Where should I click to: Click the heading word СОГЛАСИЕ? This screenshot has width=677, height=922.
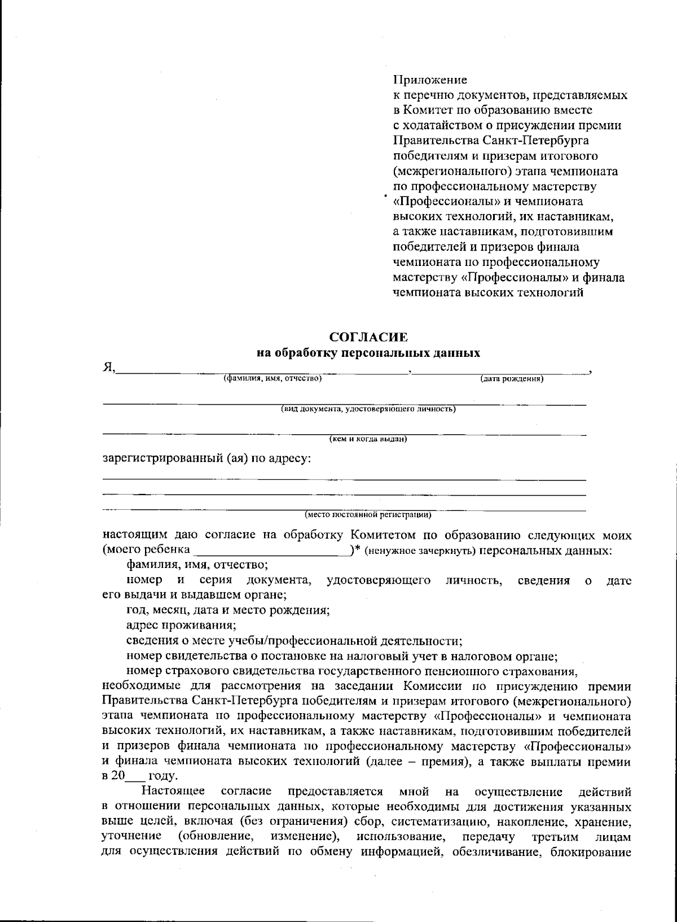tap(368, 338)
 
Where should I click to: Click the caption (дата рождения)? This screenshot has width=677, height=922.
tap(512, 379)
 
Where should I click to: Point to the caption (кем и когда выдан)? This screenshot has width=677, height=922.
tap(368, 439)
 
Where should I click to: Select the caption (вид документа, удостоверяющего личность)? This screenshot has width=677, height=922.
tap(368, 409)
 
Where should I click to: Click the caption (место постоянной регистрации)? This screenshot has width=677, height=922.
tap(368, 514)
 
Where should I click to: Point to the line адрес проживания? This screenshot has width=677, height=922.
tap(181, 626)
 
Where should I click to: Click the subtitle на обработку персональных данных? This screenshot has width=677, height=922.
tap(368, 354)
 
